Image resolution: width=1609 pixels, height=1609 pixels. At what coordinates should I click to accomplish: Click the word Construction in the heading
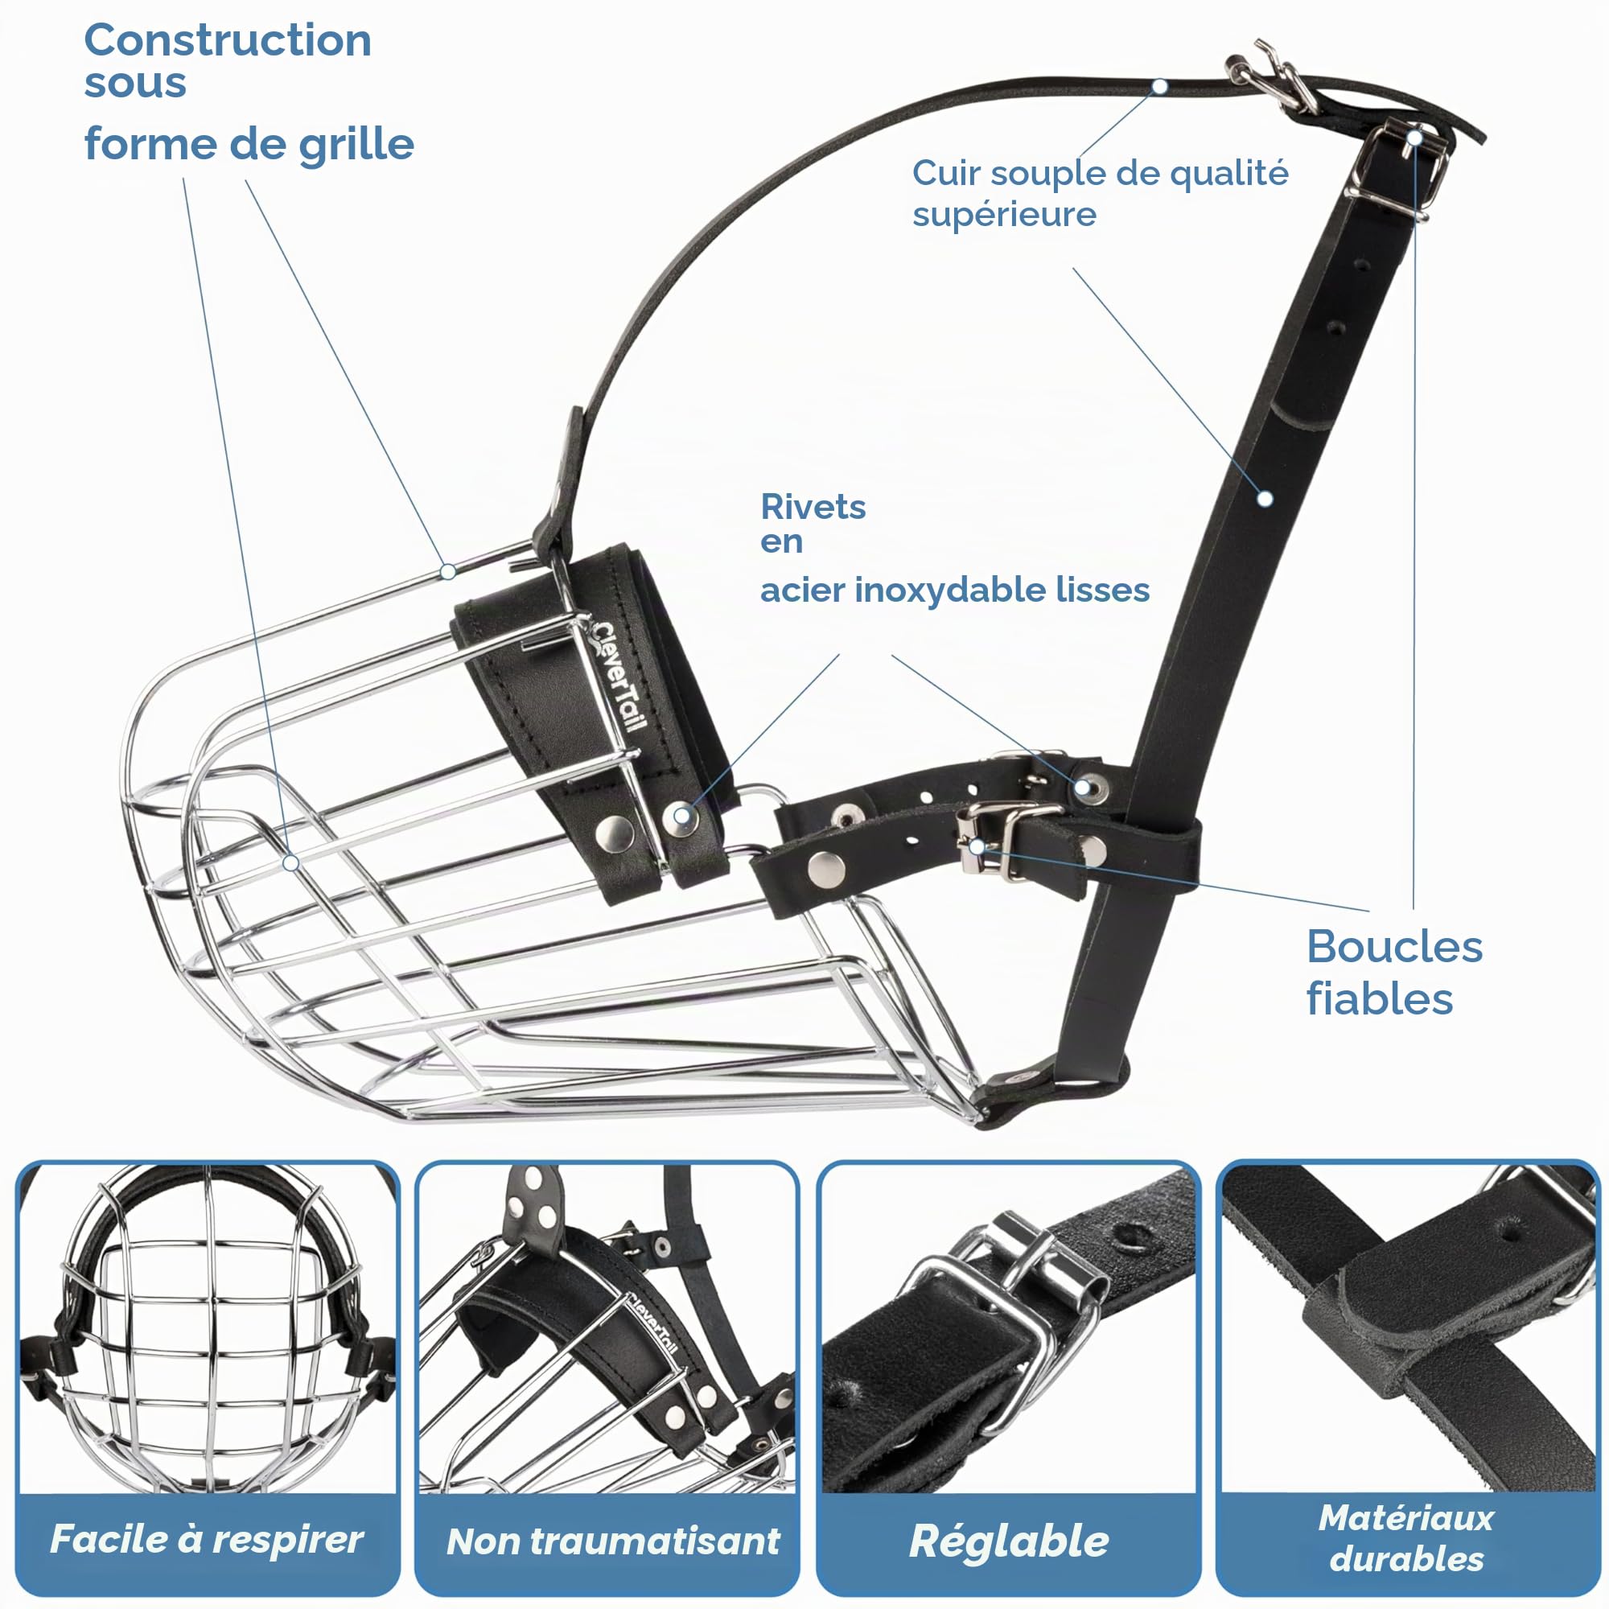(x=228, y=40)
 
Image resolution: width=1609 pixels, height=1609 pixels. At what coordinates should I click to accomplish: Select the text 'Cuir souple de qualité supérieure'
(x=1099, y=193)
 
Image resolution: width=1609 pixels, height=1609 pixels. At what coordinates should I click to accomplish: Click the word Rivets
(x=813, y=506)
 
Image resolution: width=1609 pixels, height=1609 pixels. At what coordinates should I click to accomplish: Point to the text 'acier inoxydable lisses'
(x=954, y=590)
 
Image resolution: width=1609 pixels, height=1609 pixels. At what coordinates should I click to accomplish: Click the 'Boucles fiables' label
(x=1394, y=973)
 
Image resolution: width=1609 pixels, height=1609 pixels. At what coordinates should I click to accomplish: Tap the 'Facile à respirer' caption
(x=207, y=1538)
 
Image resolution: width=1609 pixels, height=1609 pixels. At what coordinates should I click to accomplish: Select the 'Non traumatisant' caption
(x=613, y=1541)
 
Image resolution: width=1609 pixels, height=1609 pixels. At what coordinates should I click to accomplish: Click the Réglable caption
(x=1009, y=1541)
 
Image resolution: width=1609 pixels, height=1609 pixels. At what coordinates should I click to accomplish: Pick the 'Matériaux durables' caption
(x=1406, y=1538)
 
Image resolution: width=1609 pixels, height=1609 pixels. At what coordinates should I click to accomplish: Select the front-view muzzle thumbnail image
(x=208, y=1328)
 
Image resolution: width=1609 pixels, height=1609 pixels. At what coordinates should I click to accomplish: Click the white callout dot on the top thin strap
(x=1160, y=87)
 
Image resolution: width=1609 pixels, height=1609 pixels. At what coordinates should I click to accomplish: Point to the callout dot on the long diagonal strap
(x=1265, y=499)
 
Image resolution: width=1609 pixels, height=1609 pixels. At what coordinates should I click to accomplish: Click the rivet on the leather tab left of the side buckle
(x=826, y=869)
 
